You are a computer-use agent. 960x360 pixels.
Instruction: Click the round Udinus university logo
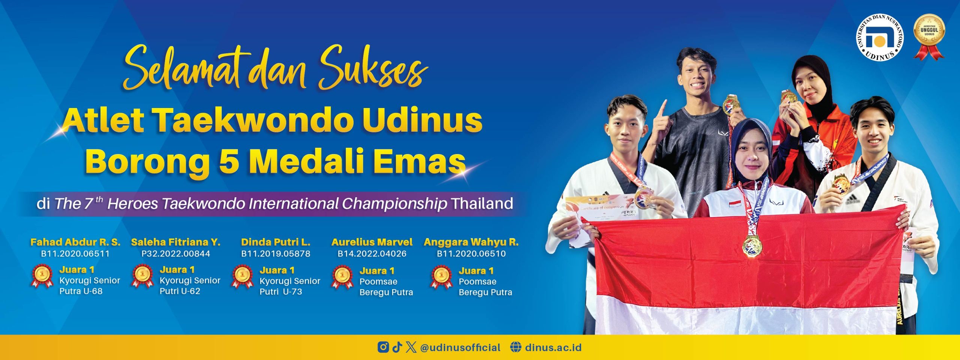tap(879, 37)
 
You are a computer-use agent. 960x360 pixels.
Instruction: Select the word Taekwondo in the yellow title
tap(255, 120)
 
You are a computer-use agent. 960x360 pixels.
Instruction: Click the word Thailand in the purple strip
tap(482, 204)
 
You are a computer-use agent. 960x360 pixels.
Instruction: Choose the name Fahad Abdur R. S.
tap(75, 242)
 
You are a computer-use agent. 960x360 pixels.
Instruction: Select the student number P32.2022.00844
tap(175, 254)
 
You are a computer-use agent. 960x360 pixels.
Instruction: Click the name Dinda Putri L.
tap(276, 242)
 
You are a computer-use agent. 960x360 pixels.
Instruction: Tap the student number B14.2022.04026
tap(372, 254)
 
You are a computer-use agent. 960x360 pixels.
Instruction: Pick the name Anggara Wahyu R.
tap(471, 242)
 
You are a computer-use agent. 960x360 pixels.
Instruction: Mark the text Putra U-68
tap(81, 291)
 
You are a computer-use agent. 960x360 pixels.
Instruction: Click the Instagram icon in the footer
tap(383, 347)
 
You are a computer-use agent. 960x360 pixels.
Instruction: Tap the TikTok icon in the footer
tap(397, 347)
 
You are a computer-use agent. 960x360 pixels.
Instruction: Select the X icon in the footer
tap(411, 347)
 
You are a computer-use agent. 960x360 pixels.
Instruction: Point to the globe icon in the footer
tap(516, 347)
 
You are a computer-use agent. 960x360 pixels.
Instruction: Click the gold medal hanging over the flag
tap(752, 246)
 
